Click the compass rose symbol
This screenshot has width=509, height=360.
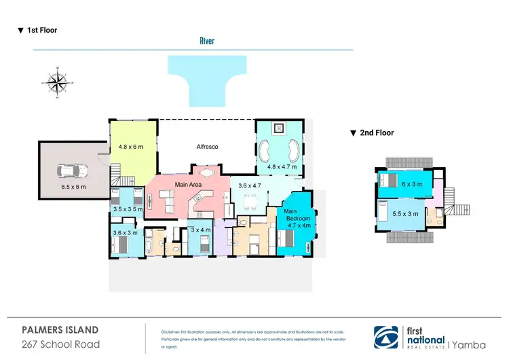pos(58,83)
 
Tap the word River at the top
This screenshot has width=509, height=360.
pos(207,41)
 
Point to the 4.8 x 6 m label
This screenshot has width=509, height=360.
pos(132,145)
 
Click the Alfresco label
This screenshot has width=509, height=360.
pos(207,147)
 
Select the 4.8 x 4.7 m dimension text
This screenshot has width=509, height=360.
pos(281,167)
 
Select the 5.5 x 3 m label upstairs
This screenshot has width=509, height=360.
pos(406,215)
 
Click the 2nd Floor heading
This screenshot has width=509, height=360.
pos(372,133)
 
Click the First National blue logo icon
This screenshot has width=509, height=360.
pos(388,336)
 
